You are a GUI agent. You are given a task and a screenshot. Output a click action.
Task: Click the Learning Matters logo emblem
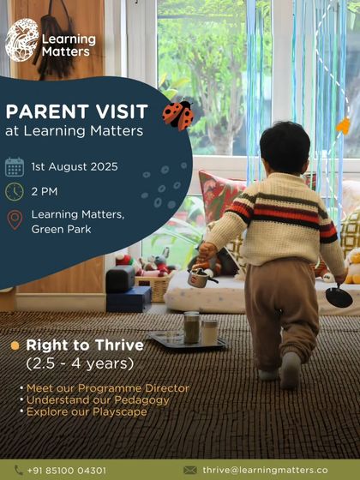pos(22,39)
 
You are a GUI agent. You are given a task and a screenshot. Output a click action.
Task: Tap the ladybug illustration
pos(178,114)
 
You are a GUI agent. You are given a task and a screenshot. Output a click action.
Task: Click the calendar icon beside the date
pos(15,166)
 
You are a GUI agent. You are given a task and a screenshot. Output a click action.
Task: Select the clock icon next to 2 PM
pos(15,192)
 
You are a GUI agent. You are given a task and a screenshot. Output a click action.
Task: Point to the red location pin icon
pos(15,220)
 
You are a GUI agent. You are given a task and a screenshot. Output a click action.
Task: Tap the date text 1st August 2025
pos(75,166)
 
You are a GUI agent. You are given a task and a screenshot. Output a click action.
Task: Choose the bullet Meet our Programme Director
pos(107,388)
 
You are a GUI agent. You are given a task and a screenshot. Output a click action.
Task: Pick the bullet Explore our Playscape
pos(86,412)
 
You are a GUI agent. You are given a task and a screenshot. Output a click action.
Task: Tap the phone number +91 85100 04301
pos(67,471)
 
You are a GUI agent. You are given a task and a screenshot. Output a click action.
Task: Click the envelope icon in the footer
pos(190,471)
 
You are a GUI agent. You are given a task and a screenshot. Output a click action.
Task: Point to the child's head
pos(284,147)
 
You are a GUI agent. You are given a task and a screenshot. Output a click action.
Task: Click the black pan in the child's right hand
pos(339,297)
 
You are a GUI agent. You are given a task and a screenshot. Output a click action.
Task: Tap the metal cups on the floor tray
pos(200,329)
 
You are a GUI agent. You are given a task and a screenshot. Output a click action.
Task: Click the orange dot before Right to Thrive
pos(15,346)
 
